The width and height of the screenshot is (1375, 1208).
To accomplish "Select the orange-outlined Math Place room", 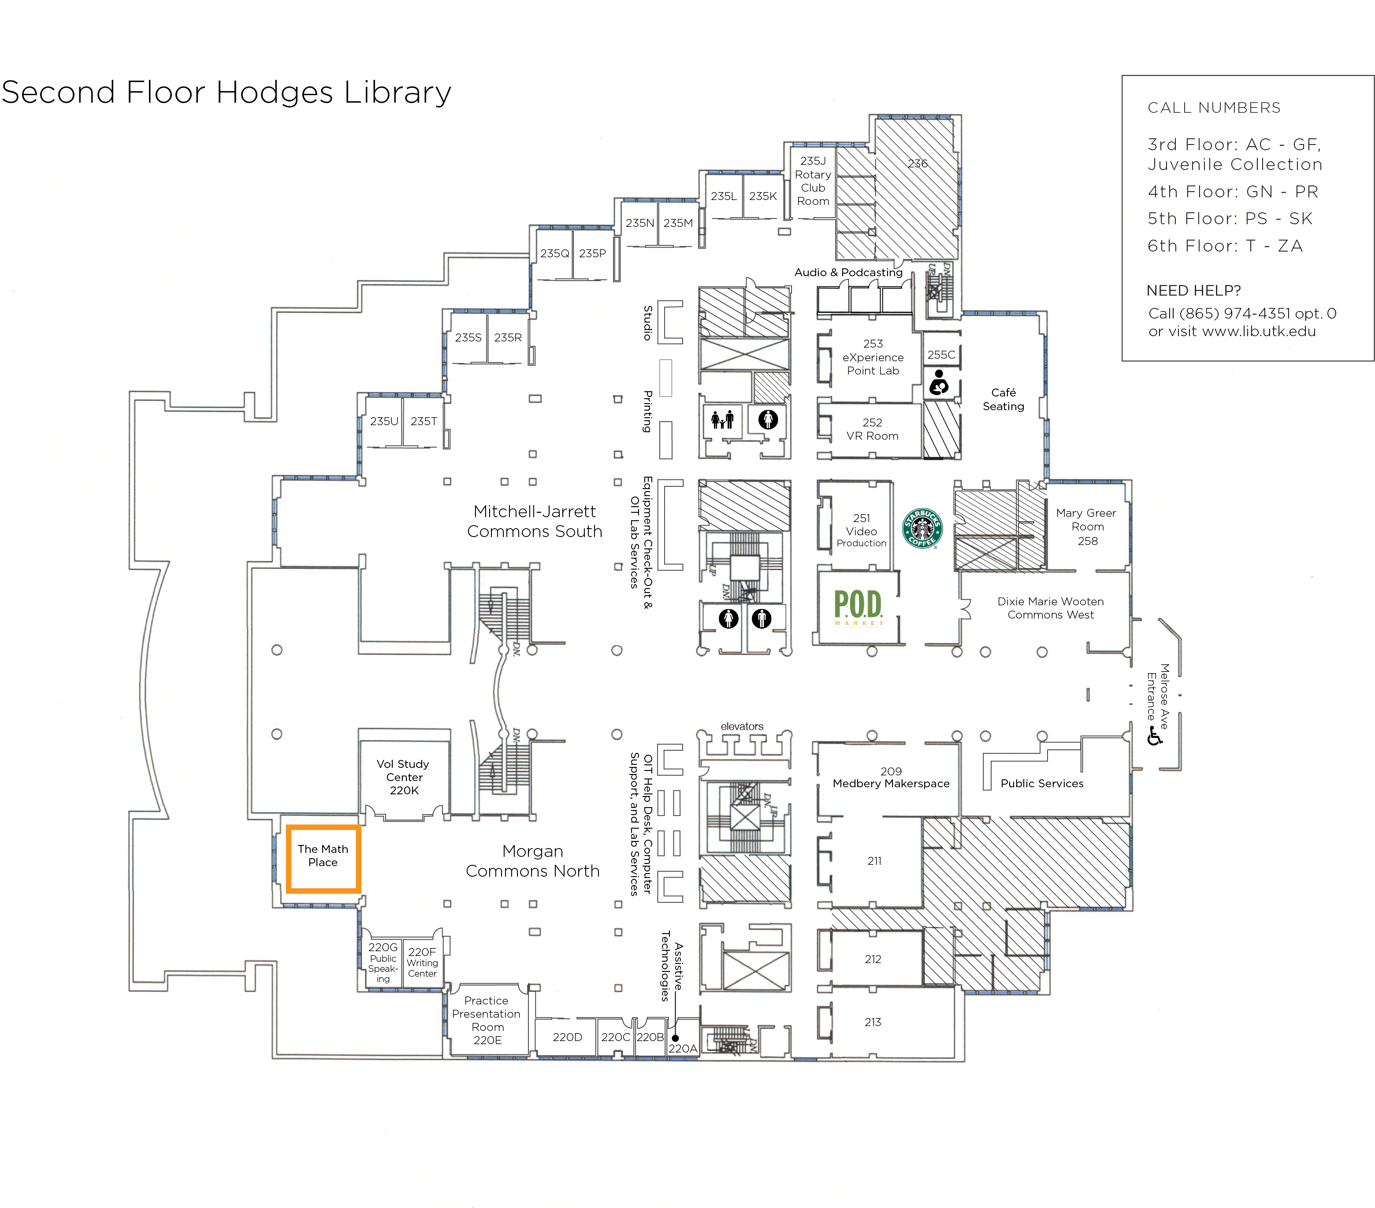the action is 323,859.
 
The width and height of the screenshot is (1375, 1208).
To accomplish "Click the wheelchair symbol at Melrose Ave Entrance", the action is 1154,737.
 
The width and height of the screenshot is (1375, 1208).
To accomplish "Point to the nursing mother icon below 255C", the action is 939,383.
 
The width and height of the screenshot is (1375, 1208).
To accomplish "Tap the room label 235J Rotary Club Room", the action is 813,181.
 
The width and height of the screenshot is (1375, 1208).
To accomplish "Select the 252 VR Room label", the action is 873,429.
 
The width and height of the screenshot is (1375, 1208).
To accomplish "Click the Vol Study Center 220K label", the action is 404,777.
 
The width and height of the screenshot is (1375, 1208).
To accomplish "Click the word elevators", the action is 742,726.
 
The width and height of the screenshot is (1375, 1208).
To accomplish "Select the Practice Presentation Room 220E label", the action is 487,1020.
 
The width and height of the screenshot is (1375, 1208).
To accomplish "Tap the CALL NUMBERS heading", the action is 1214,107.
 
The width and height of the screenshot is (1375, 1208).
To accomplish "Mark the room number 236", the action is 918,163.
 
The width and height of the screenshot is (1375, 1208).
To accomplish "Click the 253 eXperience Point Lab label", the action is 873,357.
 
